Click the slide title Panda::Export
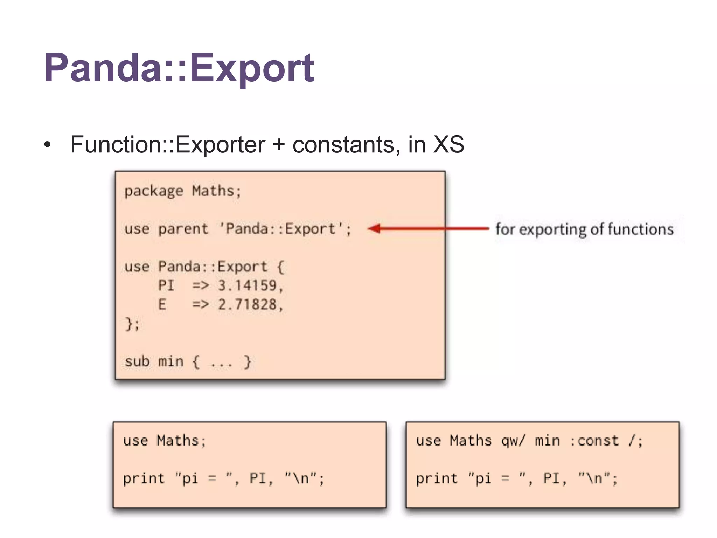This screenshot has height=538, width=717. point(179,68)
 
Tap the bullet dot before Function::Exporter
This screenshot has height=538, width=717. point(48,145)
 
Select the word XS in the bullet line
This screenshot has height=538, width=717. point(448,144)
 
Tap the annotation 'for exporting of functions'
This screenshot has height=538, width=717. point(584,229)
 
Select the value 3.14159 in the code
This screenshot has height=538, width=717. point(247,285)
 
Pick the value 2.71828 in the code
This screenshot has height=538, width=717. point(247,304)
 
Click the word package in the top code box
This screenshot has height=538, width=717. point(153,191)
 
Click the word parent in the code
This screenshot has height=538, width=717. point(183,229)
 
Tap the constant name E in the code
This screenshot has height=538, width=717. point(162,304)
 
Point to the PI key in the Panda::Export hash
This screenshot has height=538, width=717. point(166,285)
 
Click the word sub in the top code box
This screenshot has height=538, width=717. point(137,361)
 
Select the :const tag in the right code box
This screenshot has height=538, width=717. point(594,441)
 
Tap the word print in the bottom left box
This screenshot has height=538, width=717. point(144,478)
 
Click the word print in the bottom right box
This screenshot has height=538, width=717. point(437,478)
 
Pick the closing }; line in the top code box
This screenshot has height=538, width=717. point(132,324)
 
